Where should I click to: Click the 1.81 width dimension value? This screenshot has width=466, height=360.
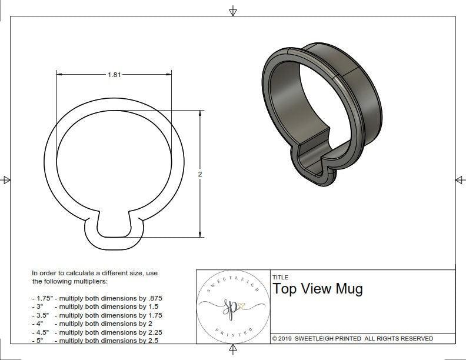(x=115, y=75)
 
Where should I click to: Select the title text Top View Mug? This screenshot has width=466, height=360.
(x=317, y=289)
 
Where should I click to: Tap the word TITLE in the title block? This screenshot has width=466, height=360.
(x=280, y=278)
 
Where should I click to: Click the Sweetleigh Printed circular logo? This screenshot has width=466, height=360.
(x=232, y=307)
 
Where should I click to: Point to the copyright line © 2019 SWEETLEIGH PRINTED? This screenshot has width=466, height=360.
(x=352, y=338)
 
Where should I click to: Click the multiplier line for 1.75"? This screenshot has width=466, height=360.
(x=97, y=298)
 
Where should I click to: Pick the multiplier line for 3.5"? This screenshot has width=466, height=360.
(x=97, y=315)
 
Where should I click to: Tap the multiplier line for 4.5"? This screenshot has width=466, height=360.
(x=97, y=332)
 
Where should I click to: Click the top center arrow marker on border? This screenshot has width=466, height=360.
(x=233, y=11)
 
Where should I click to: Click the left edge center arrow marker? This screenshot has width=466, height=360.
(x=6, y=179)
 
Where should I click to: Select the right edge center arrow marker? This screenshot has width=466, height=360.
(x=460, y=179)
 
